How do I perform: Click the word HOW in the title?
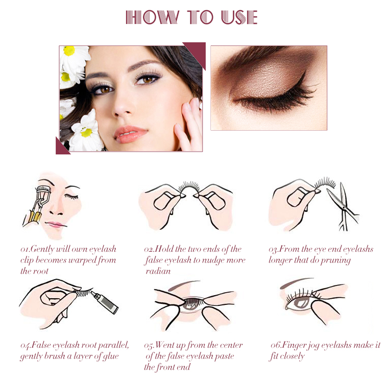pos(152,17)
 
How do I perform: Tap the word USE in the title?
pos(240,17)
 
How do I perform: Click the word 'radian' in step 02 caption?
pos(158,271)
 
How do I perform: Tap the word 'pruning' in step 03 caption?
pos(336,260)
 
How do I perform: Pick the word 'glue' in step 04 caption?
pos(111,356)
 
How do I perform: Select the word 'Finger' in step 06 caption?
pos(293,345)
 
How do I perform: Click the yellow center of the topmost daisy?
pos(69,51)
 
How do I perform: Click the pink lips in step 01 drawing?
pos(55,224)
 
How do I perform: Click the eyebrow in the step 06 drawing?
pos(296,282)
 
